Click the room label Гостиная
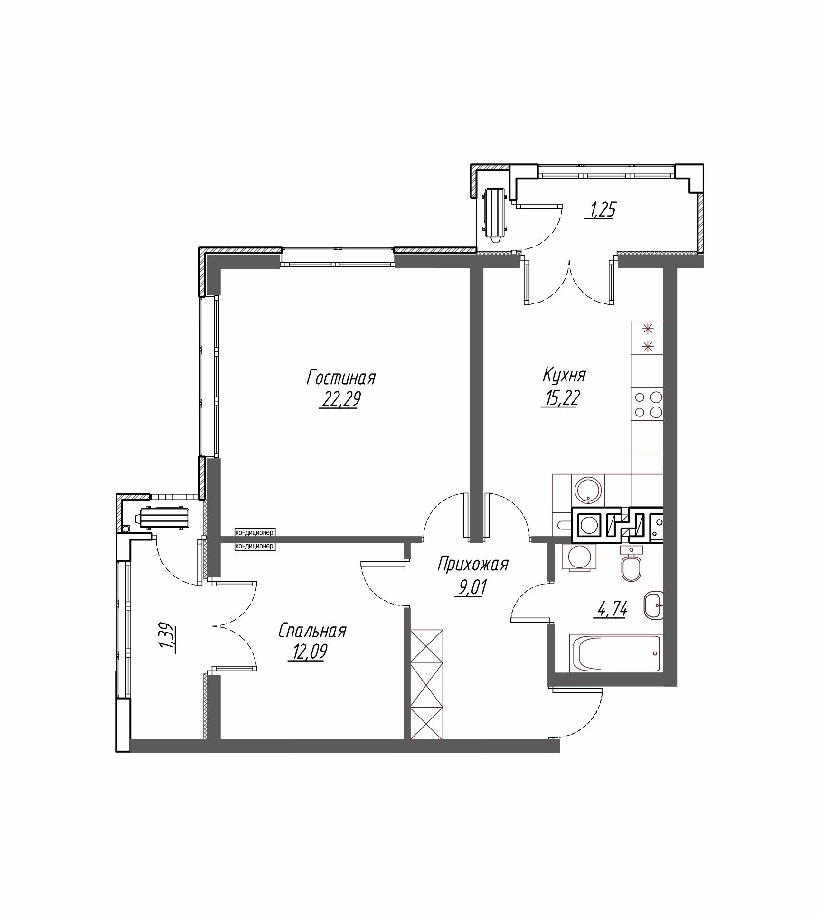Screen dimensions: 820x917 (341, 378)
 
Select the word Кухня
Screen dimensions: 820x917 (564, 376)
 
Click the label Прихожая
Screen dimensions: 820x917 (472, 564)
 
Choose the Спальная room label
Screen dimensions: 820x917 (312, 631)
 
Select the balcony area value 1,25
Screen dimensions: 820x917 (603, 210)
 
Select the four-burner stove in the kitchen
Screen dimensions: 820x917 (647, 404)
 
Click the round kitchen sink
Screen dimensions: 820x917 (588, 488)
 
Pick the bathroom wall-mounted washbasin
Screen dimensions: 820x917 (654, 605)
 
